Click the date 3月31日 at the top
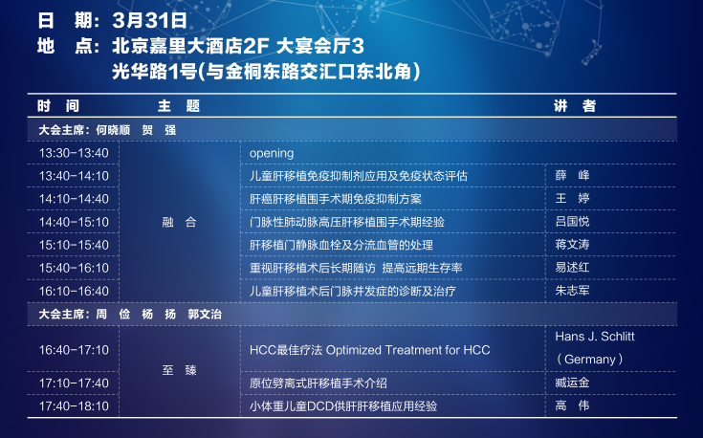pos(150,21)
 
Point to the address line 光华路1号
pos(154,72)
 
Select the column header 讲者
pos(575,106)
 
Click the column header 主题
pos(179,106)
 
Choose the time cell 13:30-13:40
pos(74,153)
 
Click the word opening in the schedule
pos(272,153)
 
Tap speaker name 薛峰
pos(572,175)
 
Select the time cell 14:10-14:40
pos(74,199)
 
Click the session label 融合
pos(179,222)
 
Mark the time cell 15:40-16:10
pos(74,268)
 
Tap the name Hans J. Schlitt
pos(595,337)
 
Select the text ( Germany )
pos(589,359)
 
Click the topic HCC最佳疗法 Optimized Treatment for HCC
pos(370,350)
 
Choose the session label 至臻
pos(179,370)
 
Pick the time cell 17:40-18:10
pos(74,406)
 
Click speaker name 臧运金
pos(572,383)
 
